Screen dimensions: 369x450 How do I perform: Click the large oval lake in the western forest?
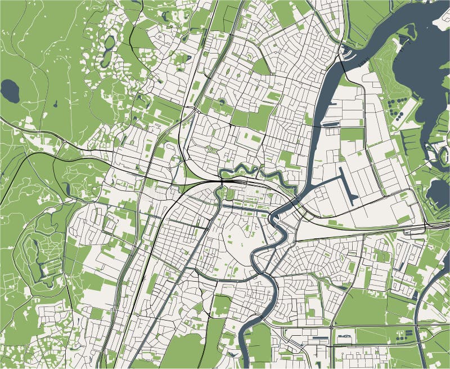click(10, 91)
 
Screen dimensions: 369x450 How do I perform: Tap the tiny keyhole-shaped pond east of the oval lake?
click(56, 104)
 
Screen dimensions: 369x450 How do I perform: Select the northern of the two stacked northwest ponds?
click(109, 42)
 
